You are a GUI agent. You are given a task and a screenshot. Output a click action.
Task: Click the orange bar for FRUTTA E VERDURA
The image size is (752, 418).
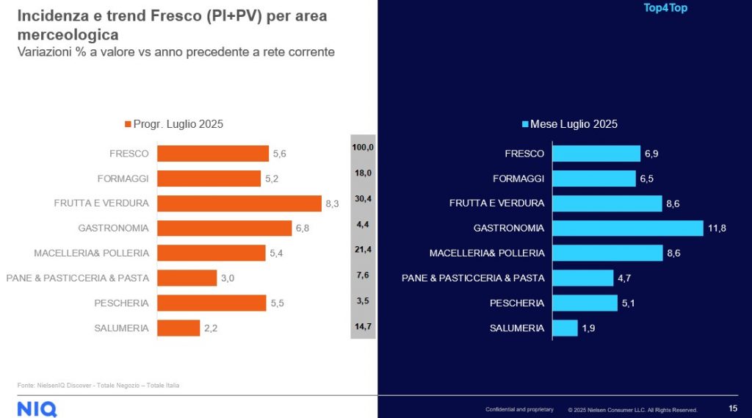(239, 203)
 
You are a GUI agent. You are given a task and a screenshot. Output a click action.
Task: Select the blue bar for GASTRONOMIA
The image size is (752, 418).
(627, 228)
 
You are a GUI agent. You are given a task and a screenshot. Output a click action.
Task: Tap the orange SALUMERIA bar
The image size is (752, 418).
(178, 328)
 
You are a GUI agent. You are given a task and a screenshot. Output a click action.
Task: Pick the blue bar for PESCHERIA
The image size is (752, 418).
(585, 303)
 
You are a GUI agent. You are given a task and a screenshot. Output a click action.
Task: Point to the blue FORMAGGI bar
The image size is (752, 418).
(593, 179)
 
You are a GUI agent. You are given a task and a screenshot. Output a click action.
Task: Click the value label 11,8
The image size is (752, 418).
(717, 228)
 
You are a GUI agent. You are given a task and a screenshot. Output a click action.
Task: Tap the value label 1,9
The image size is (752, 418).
(588, 328)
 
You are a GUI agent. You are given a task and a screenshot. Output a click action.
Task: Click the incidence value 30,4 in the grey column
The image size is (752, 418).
(363, 198)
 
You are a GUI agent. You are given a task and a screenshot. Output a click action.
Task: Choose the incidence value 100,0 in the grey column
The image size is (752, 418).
(363, 148)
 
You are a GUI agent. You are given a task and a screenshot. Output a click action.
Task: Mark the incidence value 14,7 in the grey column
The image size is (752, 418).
(363, 322)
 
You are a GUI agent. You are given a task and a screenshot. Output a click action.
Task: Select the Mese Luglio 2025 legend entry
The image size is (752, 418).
(569, 124)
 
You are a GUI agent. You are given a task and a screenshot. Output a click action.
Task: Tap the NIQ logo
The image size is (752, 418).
(35, 408)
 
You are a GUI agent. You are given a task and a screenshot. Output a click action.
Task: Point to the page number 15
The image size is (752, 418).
(732, 408)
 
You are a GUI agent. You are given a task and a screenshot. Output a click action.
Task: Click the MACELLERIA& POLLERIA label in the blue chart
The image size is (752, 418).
(487, 253)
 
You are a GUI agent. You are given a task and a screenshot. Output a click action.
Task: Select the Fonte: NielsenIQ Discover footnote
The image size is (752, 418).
(98, 385)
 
